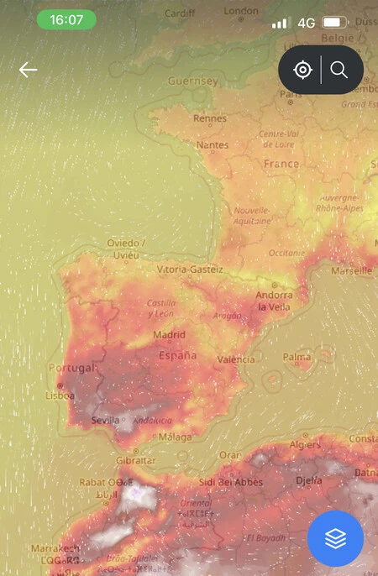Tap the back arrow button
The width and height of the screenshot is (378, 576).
[x=29, y=70]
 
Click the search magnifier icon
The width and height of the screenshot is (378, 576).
[x=339, y=70]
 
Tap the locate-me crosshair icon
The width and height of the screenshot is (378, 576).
[x=302, y=70]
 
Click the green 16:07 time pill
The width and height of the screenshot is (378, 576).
[x=66, y=19]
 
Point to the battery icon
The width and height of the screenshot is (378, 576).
[x=335, y=22]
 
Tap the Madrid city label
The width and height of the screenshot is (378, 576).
[x=169, y=335]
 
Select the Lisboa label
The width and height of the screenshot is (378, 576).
[x=60, y=395]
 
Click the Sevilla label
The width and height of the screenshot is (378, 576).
[x=106, y=420]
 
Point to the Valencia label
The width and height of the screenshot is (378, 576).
[x=235, y=359]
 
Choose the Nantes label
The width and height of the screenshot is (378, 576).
[x=212, y=145]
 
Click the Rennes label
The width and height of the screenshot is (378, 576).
[x=209, y=119]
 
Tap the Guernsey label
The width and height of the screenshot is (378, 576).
[x=192, y=81]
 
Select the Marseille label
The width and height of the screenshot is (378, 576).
[x=351, y=271]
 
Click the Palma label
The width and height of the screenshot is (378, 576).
[x=297, y=357]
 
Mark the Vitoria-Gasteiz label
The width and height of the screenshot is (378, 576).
[x=190, y=270]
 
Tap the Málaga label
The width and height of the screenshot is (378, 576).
[x=175, y=437]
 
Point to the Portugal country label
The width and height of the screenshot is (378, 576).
[x=73, y=368]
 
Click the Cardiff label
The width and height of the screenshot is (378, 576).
[x=179, y=13]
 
